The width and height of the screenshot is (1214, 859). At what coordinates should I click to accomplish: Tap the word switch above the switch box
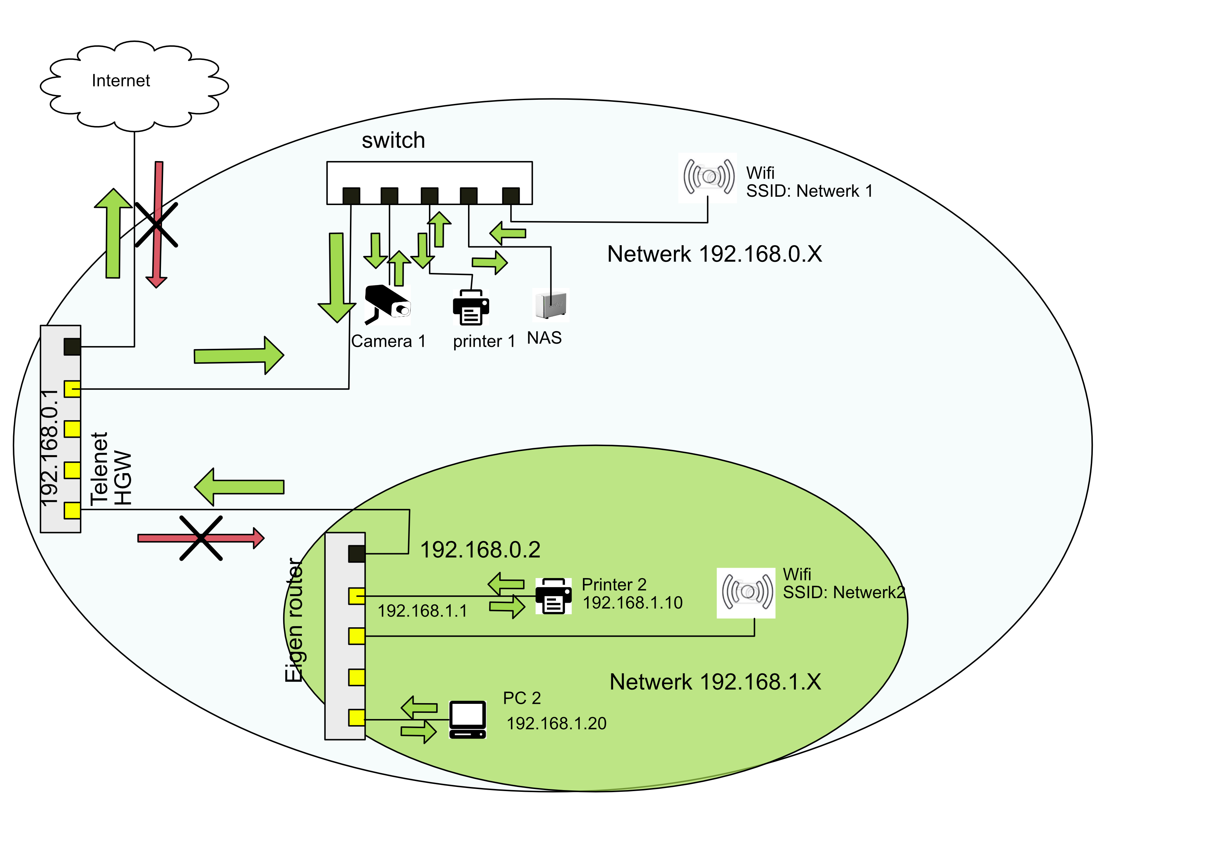393,140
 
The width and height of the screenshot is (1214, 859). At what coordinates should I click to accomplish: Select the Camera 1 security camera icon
388,304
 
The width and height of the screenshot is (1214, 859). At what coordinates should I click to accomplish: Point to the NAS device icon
550,305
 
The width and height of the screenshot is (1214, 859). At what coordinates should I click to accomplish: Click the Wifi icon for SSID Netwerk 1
708,177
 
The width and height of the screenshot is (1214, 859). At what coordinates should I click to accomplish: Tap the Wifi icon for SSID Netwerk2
746,592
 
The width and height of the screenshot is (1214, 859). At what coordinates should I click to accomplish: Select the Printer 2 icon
553,596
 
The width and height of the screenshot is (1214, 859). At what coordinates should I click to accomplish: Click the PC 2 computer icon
467,719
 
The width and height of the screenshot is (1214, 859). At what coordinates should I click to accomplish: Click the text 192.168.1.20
556,723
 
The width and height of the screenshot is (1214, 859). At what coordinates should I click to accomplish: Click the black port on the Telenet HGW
72,346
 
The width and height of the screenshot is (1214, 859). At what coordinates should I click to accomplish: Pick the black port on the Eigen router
356,554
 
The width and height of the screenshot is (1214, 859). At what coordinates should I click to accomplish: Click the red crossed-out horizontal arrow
200,538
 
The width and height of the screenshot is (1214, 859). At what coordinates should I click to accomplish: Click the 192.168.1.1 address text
422,611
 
